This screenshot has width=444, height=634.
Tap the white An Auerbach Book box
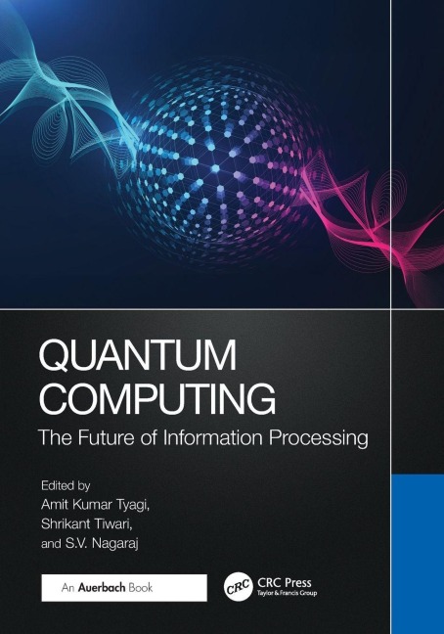(124, 588)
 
